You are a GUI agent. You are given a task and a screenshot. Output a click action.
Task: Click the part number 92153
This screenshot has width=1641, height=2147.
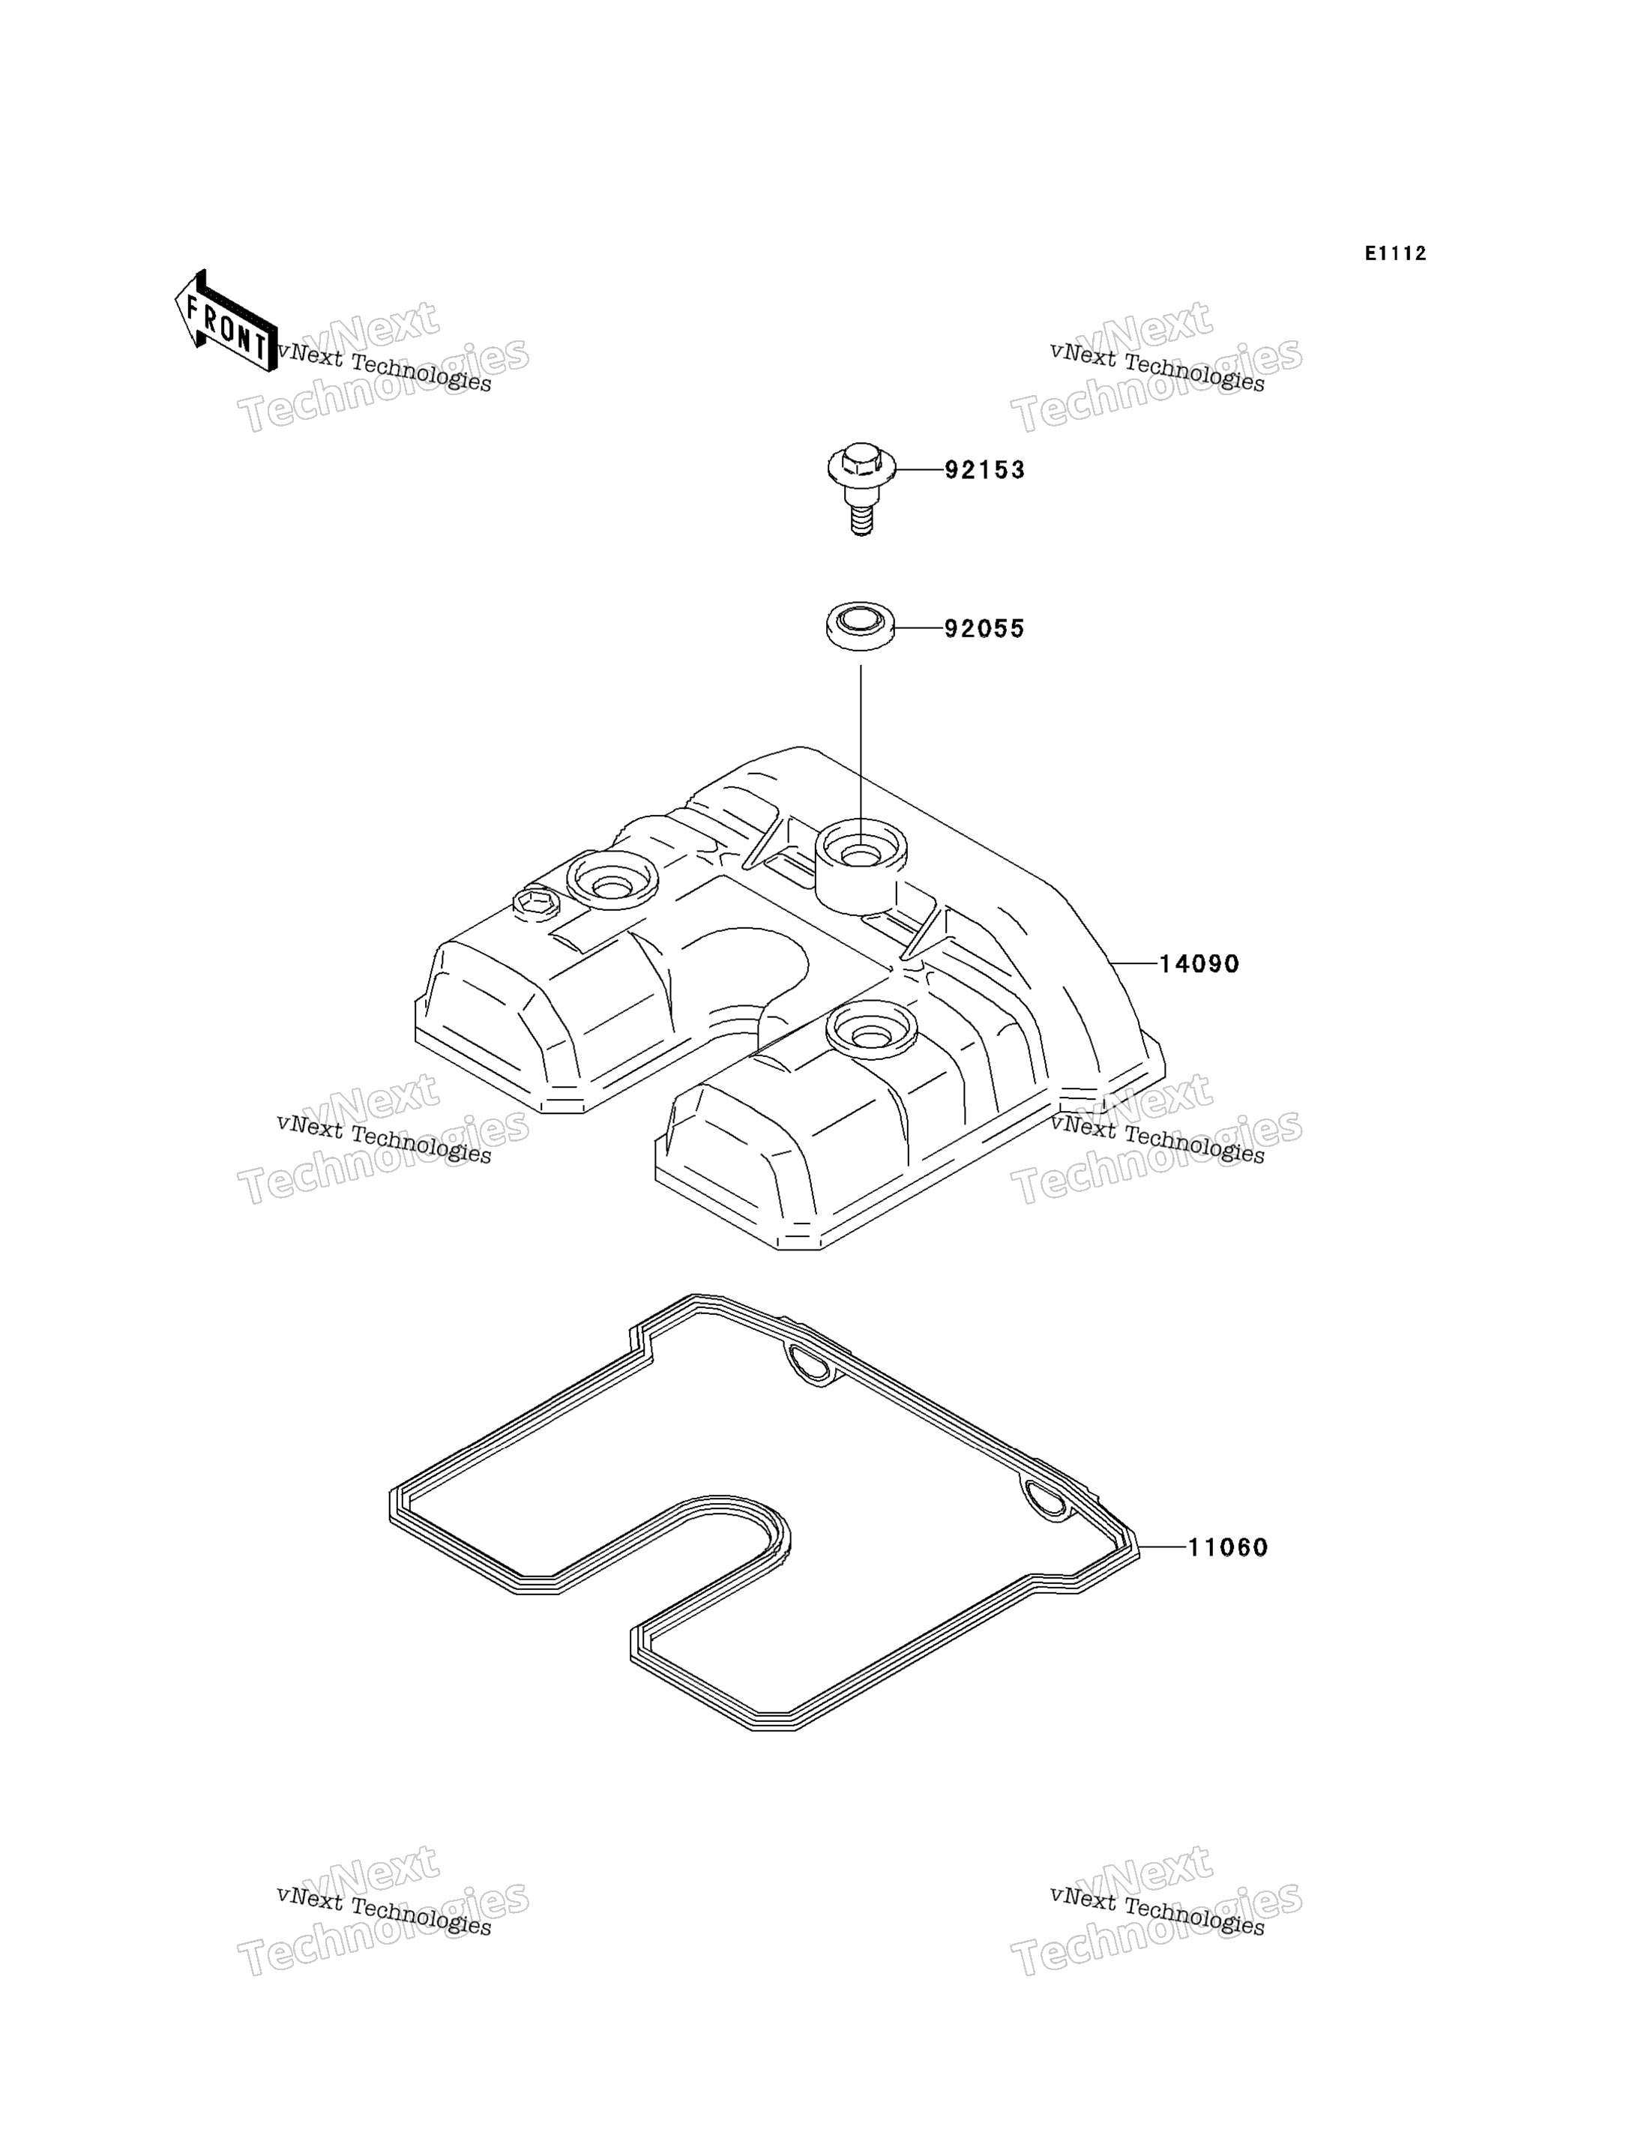[984, 470]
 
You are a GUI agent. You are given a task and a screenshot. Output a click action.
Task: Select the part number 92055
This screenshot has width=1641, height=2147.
[984, 629]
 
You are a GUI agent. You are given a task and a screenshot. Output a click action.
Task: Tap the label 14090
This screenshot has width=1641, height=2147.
[1199, 964]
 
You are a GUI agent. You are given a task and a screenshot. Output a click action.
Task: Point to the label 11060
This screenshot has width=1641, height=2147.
[1228, 1547]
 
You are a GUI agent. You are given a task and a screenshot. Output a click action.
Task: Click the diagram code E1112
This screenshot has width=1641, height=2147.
[1396, 254]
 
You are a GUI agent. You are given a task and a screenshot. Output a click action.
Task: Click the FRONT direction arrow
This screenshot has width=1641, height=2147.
[226, 320]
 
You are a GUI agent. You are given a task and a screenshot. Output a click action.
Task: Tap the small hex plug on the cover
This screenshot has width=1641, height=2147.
[535, 905]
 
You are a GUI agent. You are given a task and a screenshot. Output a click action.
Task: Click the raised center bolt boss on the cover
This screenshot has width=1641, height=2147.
[860, 865]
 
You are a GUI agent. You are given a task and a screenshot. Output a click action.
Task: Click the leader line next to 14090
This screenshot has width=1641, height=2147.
[1133, 963]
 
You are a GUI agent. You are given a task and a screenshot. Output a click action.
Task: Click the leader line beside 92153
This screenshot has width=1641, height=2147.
[919, 470]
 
